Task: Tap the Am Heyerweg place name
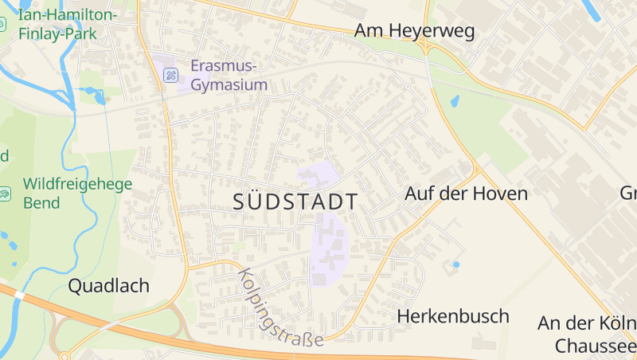tap(414, 31)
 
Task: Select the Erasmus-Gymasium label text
tap(229, 74)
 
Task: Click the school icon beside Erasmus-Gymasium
tap(170, 75)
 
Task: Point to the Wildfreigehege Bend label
tap(77, 193)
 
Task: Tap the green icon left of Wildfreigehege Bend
tap(5, 193)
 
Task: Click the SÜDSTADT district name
tap(295, 202)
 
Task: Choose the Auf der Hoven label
tap(466, 194)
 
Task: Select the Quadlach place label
tap(109, 286)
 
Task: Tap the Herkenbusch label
tap(453, 316)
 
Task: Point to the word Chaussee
tap(596, 346)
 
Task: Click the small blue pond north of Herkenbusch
tap(456, 264)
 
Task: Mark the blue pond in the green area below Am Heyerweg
tap(455, 102)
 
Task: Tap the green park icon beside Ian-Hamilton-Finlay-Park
tap(3, 24)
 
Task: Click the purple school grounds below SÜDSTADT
tap(328, 247)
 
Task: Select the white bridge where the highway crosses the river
tap(19, 294)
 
